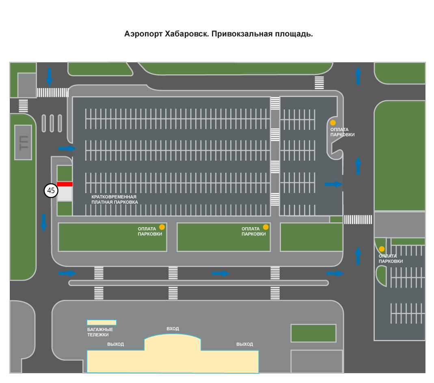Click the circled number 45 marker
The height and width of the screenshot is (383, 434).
(x=51, y=191)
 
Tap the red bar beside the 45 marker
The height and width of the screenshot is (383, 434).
(x=65, y=184)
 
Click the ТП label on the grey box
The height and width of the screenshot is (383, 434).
(x=24, y=143)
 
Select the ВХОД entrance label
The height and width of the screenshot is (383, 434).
(x=173, y=329)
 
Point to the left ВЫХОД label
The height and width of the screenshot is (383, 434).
(x=116, y=344)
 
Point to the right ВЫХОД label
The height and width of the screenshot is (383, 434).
(x=245, y=344)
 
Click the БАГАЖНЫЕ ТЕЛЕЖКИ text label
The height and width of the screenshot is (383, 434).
(x=100, y=332)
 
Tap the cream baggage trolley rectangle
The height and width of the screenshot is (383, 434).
(x=102, y=323)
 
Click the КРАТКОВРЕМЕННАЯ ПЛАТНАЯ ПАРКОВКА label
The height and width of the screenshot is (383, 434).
(x=114, y=199)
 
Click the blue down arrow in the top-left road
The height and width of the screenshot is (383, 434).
(x=49, y=77)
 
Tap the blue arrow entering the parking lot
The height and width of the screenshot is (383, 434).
(x=67, y=148)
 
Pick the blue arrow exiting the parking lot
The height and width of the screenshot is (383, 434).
(x=334, y=184)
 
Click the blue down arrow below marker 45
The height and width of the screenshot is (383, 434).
(x=44, y=223)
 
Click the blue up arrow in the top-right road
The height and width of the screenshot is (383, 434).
(x=358, y=76)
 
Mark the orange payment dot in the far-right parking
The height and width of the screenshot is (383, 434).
(x=382, y=249)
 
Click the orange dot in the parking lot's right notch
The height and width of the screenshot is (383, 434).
(x=333, y=123)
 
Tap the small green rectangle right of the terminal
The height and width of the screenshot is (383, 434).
(x=313, y=333)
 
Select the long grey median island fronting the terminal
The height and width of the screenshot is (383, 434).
(x=199, y=283)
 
